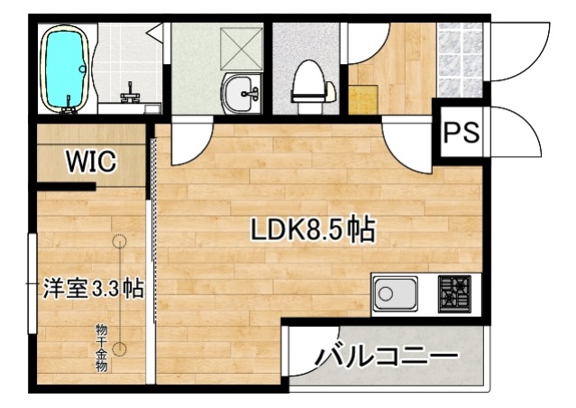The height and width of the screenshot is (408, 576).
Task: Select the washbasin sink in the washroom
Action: click(x=241, y=90)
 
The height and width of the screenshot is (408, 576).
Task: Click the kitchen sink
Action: click(x=394, y=293)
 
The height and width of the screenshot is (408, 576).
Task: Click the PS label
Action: click(x=461, y=132)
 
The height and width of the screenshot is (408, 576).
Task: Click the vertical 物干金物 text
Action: click(x=103, y=347)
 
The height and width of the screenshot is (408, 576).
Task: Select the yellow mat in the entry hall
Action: click(x=362, y=98)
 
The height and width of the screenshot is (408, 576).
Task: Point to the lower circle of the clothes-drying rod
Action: click(x=121, y=350)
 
